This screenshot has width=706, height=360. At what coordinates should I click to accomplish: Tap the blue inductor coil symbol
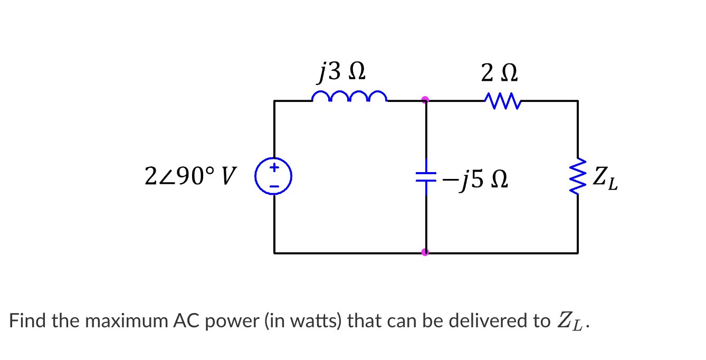pyautogui.click(x=349, y=97)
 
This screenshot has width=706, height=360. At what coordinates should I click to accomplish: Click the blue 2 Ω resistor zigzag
pyautogui.click(x=502, y=100)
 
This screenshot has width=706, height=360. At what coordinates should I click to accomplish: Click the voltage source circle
pyautogui.click(x=274, y=177)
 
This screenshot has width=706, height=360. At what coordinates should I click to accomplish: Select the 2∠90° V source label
pyautogui.click(x=190, y=177)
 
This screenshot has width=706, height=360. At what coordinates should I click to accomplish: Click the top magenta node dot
pyautogui.click(x=425, y=99)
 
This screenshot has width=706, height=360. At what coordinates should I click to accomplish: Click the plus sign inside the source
pyautogui.click(x=274, y=169)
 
